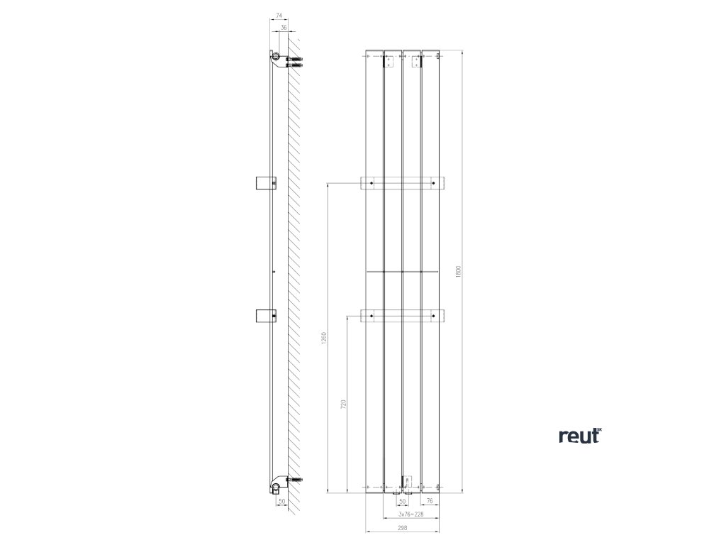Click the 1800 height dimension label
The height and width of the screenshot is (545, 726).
pos(459,271)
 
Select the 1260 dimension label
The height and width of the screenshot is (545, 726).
pos(324,338)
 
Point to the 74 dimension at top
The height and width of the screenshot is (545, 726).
pos(279,16)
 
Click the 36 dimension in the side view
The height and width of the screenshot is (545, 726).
pos(284,28)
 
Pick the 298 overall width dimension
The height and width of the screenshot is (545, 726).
pos(402,527)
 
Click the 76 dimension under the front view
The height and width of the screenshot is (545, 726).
pos(430,500)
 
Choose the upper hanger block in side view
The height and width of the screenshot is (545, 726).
pos(263,182)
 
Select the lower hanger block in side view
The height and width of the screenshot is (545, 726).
pos(263,316)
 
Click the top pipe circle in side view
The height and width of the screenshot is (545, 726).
pos(275,56)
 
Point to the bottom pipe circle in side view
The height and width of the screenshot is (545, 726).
pos(276,488)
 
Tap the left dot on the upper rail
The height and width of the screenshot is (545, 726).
pos(369,184)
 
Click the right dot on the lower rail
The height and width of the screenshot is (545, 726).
pos(432,314)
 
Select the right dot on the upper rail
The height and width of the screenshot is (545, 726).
pos(432,184)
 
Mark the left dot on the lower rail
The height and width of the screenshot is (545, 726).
pos(369,314)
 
